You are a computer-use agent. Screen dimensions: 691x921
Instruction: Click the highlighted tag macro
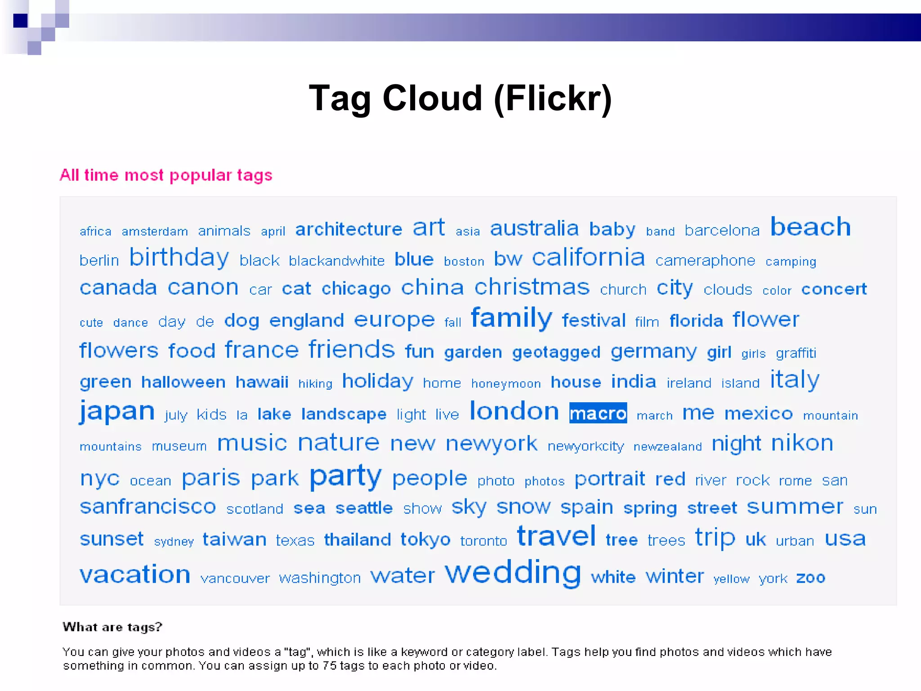point(598,413)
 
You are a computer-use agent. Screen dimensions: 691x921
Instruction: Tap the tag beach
point(810,227)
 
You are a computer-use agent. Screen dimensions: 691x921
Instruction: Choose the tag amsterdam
point(155,231)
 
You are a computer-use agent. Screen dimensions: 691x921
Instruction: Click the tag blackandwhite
point(336,260)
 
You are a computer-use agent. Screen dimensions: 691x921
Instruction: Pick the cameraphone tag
point(705,260)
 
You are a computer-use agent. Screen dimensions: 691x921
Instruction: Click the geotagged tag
point(556,352)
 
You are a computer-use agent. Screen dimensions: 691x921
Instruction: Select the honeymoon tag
point(506,383)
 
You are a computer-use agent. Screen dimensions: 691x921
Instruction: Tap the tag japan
point(117,411)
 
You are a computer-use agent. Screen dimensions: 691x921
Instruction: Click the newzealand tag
point(667,446)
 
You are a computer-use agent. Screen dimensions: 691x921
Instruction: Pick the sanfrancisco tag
point(148,507)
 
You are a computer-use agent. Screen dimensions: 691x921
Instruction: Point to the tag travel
point(556,536)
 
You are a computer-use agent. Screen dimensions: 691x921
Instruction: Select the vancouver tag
point(235,578)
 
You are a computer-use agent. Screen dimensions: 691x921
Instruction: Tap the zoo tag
point(810,577)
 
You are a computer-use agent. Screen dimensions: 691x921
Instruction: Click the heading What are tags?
point(112,627)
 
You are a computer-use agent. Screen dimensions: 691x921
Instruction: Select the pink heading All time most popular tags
point(166,175)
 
